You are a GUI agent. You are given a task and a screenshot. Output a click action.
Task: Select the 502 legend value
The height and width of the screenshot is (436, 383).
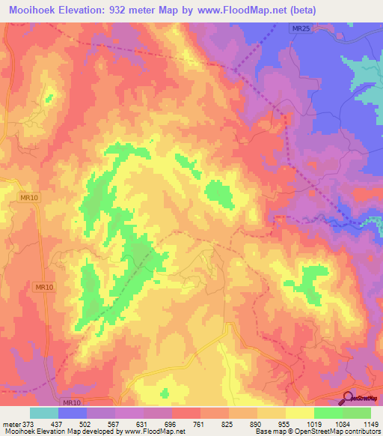[87, 424]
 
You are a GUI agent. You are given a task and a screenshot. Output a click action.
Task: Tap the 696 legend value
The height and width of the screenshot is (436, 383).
[171, 424]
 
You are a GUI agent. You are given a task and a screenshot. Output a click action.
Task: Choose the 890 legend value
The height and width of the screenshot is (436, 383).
[257, 424]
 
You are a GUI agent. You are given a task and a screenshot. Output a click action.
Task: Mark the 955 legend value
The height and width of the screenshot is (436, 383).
[285, 424]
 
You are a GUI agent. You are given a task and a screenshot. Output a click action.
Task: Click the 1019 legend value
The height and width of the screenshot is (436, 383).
[313, 424]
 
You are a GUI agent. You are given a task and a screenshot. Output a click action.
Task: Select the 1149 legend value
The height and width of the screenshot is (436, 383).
[369, 424]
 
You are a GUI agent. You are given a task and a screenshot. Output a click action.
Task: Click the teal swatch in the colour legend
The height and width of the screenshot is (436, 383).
[44, 413]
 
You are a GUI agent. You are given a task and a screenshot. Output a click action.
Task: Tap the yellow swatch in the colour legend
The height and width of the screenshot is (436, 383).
[300, 413]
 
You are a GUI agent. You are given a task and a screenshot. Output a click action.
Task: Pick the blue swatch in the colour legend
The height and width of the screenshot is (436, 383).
[73, 413]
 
